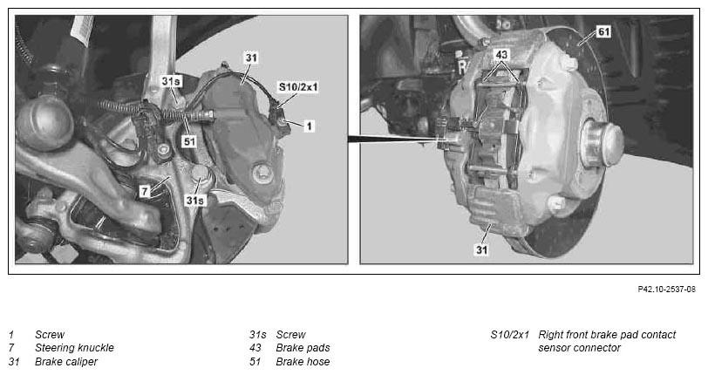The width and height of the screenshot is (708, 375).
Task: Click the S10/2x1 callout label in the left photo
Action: point(298,86)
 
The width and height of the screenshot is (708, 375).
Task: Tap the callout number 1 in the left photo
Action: point(309,126)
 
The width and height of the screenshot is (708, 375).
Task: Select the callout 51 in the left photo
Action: point(189,141)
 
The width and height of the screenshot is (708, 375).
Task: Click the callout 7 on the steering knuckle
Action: point(144,191)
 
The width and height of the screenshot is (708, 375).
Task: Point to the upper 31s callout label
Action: point(171,81)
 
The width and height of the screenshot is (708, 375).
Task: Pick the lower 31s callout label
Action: point(195,200)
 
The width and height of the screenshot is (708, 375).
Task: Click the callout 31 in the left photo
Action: point(251,58)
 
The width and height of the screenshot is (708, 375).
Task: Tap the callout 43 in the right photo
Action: point(501,55)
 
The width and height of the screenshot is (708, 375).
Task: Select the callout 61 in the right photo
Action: point(603,31)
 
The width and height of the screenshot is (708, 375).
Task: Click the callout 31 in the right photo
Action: point(481,249)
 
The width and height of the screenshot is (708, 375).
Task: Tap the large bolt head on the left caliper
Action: point(262,174)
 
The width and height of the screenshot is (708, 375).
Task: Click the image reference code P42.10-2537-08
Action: point(666,290)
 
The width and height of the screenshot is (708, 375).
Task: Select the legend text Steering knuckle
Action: point(74,347)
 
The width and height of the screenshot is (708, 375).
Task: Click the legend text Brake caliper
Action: point(66,361)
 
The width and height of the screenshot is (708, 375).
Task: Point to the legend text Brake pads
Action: point(303,347)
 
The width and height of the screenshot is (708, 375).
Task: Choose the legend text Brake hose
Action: point(303,361)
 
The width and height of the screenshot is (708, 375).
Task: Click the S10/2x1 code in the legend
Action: point(509,335)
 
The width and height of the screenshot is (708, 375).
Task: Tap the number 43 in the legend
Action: point(255,347)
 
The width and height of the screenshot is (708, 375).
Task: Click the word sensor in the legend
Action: point(553,348)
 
